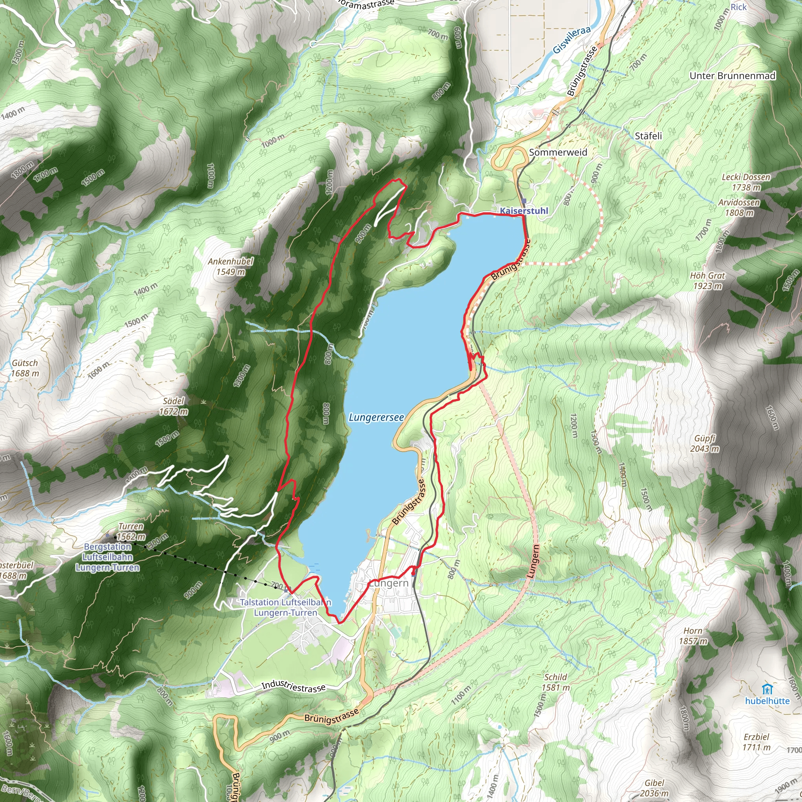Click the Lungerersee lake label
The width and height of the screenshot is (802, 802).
click(x=376, y=417)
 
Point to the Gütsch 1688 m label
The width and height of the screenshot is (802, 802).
click(x=25, y=368)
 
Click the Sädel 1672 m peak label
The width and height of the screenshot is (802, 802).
click(x=173, y=406)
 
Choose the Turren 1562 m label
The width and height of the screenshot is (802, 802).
click(x=131, y=531)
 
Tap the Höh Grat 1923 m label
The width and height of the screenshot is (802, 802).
click(x=707, y=281)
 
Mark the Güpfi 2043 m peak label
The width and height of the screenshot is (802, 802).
click(x=704, y=443)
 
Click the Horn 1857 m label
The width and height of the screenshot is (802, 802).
click(x=693, y=636)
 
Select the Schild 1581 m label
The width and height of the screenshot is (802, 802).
click(x=555, y=682)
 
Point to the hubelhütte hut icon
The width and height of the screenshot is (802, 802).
click(x=767, y=689)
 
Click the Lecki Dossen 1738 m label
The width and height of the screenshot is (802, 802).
click(x=746, y=182)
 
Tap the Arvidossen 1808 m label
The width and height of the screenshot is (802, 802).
click(x=739, y=208)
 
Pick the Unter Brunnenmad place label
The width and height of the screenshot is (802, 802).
click(x=732, y=76)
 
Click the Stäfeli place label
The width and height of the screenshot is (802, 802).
click(x=648, y=136)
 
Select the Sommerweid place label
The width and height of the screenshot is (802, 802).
click(x=558, y=152)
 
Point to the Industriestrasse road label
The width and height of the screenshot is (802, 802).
click(x=293, y=686)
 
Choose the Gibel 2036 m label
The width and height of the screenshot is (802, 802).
click(x=654, y=788)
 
